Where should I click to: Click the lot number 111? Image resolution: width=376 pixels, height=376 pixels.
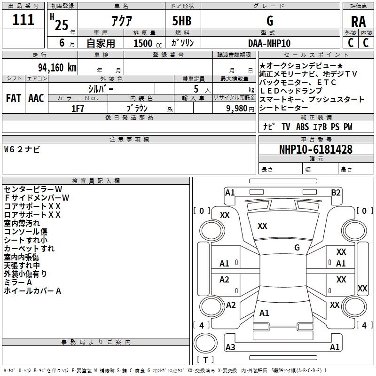pos(23,20)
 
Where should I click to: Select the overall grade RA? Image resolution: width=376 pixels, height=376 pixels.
pos(358,22)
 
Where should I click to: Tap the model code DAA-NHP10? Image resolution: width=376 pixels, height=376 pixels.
pos(269,43)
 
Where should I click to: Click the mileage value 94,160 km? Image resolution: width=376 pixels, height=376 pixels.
pos(57,68)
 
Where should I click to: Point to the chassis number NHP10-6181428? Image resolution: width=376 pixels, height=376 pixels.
pos(316,149)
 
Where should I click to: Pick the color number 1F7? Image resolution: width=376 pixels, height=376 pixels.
pos(78,109)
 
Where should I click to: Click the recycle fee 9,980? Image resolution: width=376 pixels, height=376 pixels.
pos(237,109)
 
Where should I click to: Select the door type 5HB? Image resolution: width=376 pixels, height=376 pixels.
pos(182,21)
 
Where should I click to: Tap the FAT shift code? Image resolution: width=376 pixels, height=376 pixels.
pos(14,98)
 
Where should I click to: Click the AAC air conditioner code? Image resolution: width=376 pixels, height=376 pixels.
pos(36,98)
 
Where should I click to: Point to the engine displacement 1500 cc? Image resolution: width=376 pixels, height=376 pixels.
pos(148,43)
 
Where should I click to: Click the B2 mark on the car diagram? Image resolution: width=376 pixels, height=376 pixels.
pos(336,193)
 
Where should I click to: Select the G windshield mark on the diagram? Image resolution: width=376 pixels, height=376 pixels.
pos(297,248)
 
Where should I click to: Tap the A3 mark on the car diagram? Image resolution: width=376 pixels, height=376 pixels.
pos(230,347)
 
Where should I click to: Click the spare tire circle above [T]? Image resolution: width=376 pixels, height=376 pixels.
pos(205,343)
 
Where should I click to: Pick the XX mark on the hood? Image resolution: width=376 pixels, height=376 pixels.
pos(262,226)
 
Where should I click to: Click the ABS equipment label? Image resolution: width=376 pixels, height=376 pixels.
pos(302,126)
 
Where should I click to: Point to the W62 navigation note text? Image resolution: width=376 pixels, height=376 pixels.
pos(22,149)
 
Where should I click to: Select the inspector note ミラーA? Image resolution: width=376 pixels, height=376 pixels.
pos(18,282)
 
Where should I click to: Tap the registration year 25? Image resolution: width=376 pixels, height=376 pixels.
pos(62,25)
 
